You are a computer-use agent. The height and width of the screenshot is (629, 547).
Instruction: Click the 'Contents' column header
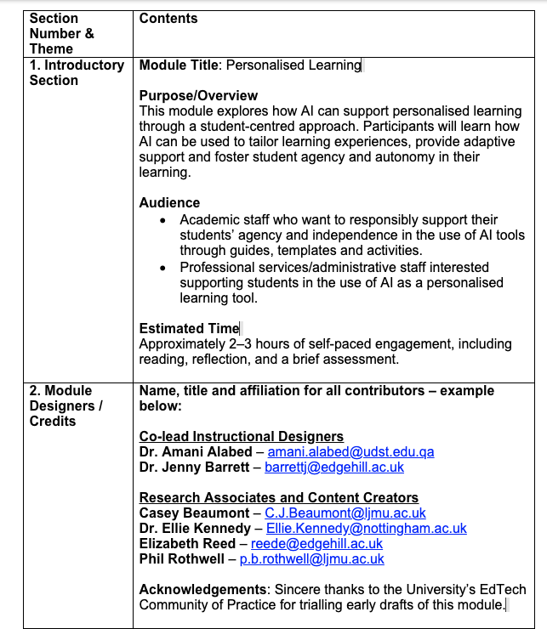click(x=168, y=18)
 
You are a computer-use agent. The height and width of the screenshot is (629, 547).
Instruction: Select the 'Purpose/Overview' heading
click(x=198, y=96)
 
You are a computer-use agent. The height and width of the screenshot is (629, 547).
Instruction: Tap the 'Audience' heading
click(x=169, y=203)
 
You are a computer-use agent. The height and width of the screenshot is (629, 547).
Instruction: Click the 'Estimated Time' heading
click(x=189, y=329)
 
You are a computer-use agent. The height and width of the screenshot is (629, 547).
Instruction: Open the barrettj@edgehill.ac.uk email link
click(x=334, y=467)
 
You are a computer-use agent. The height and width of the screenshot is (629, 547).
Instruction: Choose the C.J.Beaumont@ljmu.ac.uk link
click(x=345, y=513)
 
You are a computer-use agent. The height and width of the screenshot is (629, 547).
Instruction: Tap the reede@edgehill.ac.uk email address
click(x=316, y=544)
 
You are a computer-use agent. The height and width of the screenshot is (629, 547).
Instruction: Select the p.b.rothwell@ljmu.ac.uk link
click(x=311, y=559)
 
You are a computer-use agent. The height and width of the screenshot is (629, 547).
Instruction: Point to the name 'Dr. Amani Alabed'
click(x=196, y=452)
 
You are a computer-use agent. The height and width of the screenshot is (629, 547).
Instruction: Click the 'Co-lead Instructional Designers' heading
click(x=242, y=437)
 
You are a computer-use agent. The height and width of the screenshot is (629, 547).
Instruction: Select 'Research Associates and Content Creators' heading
click(x=278, y=498)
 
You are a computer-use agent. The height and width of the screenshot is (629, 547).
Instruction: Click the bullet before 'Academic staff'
click(x=163, y=221)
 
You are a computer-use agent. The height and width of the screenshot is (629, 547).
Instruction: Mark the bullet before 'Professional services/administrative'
click(x=163, y=268)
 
